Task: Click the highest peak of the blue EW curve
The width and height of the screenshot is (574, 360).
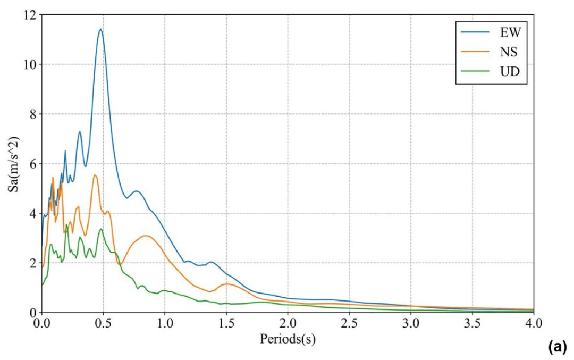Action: [100, 29]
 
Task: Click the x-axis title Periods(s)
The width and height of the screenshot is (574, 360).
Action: [288, 339]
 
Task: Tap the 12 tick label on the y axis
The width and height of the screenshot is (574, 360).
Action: [29, 15]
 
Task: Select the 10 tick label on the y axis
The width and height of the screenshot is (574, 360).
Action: [29, 64]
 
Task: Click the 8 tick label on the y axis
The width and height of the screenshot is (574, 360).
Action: [32, 114]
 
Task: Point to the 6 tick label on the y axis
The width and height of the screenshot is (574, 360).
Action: [32, 163]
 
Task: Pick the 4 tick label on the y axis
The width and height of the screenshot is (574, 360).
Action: [32, 213]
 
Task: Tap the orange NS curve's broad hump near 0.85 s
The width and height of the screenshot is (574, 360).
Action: [146, 236]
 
